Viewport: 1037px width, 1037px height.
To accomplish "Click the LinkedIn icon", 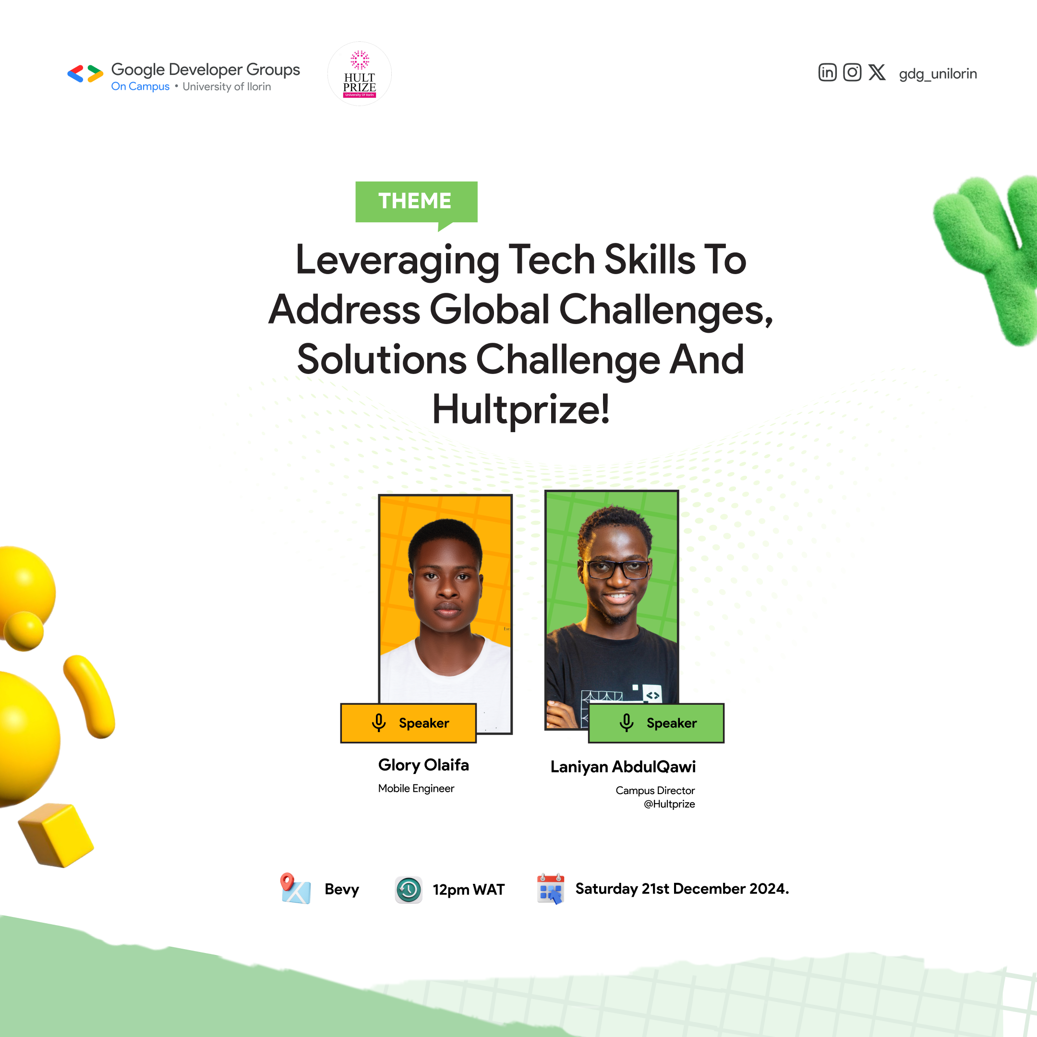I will (x=827, y=72).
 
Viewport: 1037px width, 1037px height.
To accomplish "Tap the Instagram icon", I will (x=852, y=72).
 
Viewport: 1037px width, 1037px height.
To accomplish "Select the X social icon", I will (x=877, y=72).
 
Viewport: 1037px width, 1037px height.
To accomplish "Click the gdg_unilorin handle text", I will (x=938, y=73).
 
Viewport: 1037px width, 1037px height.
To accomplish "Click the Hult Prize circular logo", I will (x=359, y=74).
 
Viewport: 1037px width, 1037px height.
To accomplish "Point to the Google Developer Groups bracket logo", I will (x=85, y=73).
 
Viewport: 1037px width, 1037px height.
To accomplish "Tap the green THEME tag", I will (x=416, y=202).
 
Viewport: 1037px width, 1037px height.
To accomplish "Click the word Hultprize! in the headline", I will (x=520, y=410).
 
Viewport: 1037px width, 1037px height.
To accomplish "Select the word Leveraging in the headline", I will (x=397, y=261).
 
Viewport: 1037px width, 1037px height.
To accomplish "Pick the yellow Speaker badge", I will (x=409, y=723).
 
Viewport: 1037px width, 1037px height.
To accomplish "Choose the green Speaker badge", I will (x=656, y=723).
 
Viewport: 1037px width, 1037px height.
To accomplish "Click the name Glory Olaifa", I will (x=423, y=765).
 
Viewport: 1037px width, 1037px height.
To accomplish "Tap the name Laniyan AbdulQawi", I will (x=623, y=767).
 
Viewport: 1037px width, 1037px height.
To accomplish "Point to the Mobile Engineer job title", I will (x=416, y=788).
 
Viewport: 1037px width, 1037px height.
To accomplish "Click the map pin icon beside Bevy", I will (x=295, y=888).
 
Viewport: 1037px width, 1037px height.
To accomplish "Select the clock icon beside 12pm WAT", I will (x=409, y=890).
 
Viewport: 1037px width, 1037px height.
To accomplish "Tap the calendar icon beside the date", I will (x=551, y=888).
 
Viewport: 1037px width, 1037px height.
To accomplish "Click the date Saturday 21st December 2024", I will (x=682, y=889).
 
